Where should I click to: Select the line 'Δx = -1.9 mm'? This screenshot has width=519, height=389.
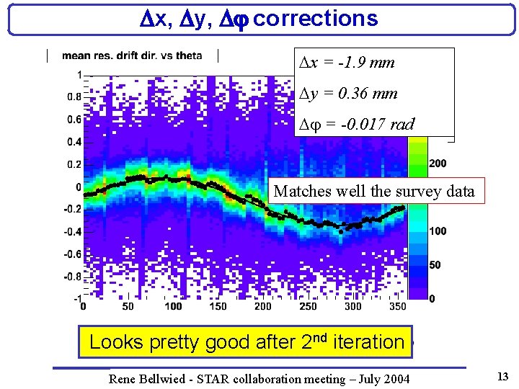347,63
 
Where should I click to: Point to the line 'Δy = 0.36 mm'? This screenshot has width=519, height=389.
349,94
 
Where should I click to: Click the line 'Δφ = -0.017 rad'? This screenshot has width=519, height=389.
358,125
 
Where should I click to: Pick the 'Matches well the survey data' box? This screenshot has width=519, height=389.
374,191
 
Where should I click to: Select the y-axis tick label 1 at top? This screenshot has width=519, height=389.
77,74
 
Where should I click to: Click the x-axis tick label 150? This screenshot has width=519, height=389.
218,306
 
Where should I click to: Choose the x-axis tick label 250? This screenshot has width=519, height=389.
308,306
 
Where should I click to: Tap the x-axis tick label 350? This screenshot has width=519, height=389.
397,306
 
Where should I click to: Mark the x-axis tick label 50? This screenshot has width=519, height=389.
128,306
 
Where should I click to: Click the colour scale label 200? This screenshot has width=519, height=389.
438,164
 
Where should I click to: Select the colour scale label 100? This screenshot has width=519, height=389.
438,231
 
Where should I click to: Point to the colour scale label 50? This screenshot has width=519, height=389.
435,265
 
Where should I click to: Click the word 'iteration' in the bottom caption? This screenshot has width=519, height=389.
369,341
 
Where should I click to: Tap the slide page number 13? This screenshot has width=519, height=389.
502,376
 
